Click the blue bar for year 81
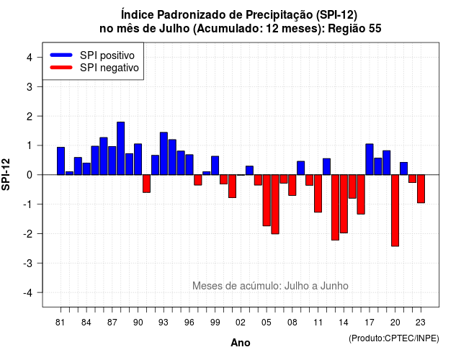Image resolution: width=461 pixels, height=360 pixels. tap(61, 161)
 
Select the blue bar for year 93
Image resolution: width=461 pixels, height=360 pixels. tap(164, 153)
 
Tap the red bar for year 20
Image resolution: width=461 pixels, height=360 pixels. tap(395, 210)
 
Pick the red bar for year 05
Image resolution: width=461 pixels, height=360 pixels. tap(267, 200)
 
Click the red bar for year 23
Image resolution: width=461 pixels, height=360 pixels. tap(421, 189)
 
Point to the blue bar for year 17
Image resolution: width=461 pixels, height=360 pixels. tap(370, 159)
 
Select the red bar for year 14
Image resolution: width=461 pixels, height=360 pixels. tap(344, 204)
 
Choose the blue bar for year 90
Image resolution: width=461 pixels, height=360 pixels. tap(138, 159)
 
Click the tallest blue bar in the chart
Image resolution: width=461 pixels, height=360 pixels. tap(121, 148)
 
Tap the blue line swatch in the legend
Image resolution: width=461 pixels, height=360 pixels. tap(61, 55)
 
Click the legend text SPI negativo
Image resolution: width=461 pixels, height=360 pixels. tap(109, 68)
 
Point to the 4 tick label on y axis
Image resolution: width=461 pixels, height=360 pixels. tap(30, 58)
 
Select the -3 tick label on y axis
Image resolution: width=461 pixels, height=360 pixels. tap(28, 263)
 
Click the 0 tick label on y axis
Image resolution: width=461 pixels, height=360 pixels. tap(30, 175)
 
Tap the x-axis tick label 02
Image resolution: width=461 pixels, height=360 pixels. tap(241, 323)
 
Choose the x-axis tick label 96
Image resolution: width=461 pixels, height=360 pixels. tap(189, 323)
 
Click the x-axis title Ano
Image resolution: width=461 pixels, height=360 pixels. tap(241, 343)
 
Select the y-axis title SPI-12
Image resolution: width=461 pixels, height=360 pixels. tap(6, 174)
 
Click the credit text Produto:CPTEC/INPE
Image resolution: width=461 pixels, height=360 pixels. tap(394, 338)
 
